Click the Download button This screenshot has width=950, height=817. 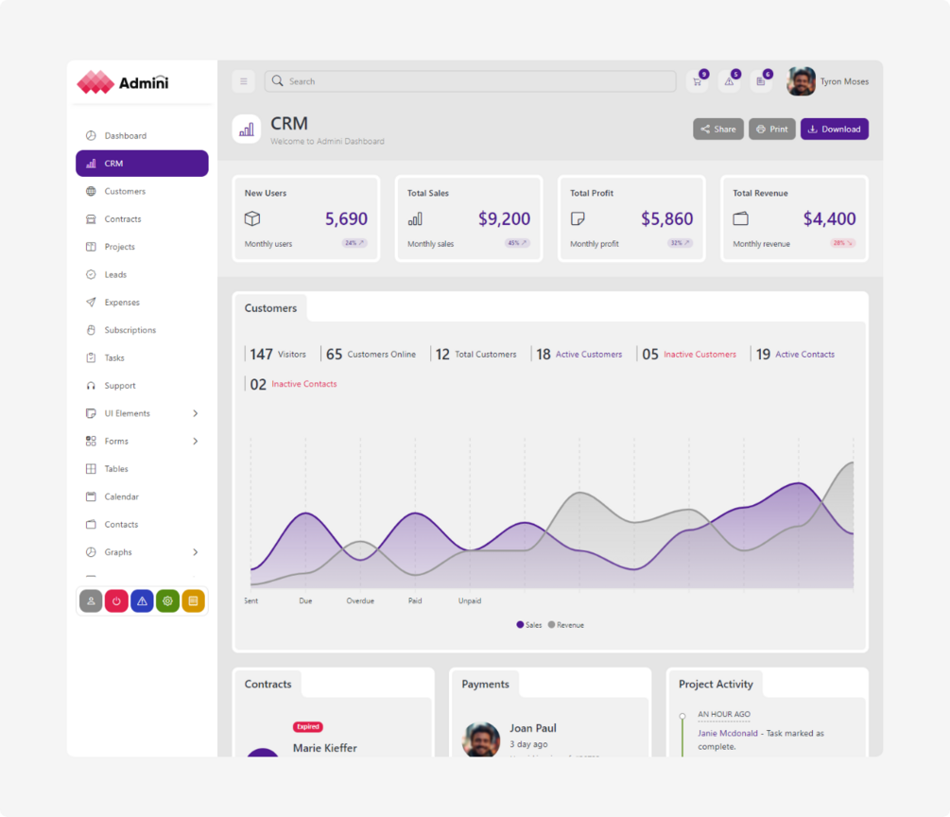point(834,130)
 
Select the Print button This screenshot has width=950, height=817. point(772,130)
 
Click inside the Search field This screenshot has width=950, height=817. point(473,81)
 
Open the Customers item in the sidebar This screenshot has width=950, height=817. point(125,191)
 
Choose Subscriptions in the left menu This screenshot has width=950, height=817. point(130,330)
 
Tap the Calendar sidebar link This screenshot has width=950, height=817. point(121,496)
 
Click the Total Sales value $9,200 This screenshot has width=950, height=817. point(504,219)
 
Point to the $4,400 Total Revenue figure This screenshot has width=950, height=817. point(829,219)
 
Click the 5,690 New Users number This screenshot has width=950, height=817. point(346,219)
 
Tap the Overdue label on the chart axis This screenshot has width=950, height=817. point(360,600)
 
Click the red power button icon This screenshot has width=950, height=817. point(116,600)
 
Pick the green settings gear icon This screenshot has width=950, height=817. point(167,600)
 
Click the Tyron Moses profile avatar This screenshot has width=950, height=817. point(801,81)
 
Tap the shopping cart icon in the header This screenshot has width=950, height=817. point(698,81)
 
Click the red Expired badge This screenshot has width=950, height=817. point(308,727)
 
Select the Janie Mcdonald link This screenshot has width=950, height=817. point(728,733)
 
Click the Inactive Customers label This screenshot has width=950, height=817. point(700,355)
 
